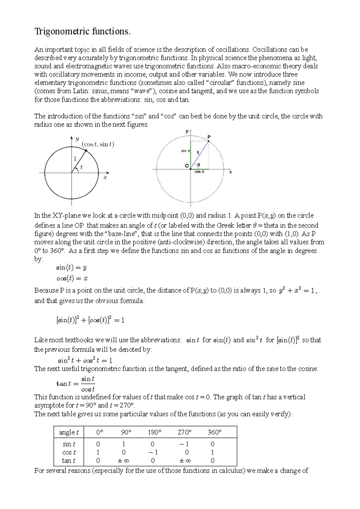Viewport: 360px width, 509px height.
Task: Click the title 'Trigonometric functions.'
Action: [83, 31]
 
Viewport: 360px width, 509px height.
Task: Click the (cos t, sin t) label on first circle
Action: [98, 144]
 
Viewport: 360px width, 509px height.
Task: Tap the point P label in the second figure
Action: [209, 137]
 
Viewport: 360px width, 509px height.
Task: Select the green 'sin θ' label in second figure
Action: [185, 151]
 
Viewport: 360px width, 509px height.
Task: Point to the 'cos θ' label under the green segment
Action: [199, 172]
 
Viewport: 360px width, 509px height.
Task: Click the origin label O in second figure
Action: [187, 166]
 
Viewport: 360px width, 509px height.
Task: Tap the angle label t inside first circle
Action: [81, 167]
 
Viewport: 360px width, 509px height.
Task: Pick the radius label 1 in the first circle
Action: [75, 159]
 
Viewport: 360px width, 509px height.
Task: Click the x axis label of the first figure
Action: [105, 177]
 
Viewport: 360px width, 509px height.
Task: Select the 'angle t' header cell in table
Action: [69, 432]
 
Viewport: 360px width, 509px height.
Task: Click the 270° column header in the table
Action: [184, 432]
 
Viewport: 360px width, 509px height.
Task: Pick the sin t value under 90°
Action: [124, 444]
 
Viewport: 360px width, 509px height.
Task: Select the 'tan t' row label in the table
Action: [69, 461]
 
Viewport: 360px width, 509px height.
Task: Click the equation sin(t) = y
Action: [72, 267]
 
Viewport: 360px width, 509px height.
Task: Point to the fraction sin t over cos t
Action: [88, 384]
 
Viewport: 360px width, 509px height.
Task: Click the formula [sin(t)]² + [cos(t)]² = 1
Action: [90, 320]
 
